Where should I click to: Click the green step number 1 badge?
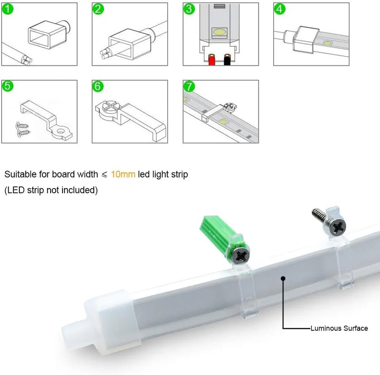8,9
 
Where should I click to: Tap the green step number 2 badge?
98,9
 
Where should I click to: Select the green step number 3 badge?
189,9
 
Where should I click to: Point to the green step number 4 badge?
280,9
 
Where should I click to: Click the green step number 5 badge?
8,86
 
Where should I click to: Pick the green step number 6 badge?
98,86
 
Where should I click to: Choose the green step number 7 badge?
189,86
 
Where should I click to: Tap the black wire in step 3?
227,61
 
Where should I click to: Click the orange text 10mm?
123,174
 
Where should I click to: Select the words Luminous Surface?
339,328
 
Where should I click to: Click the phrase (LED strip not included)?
51,190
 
